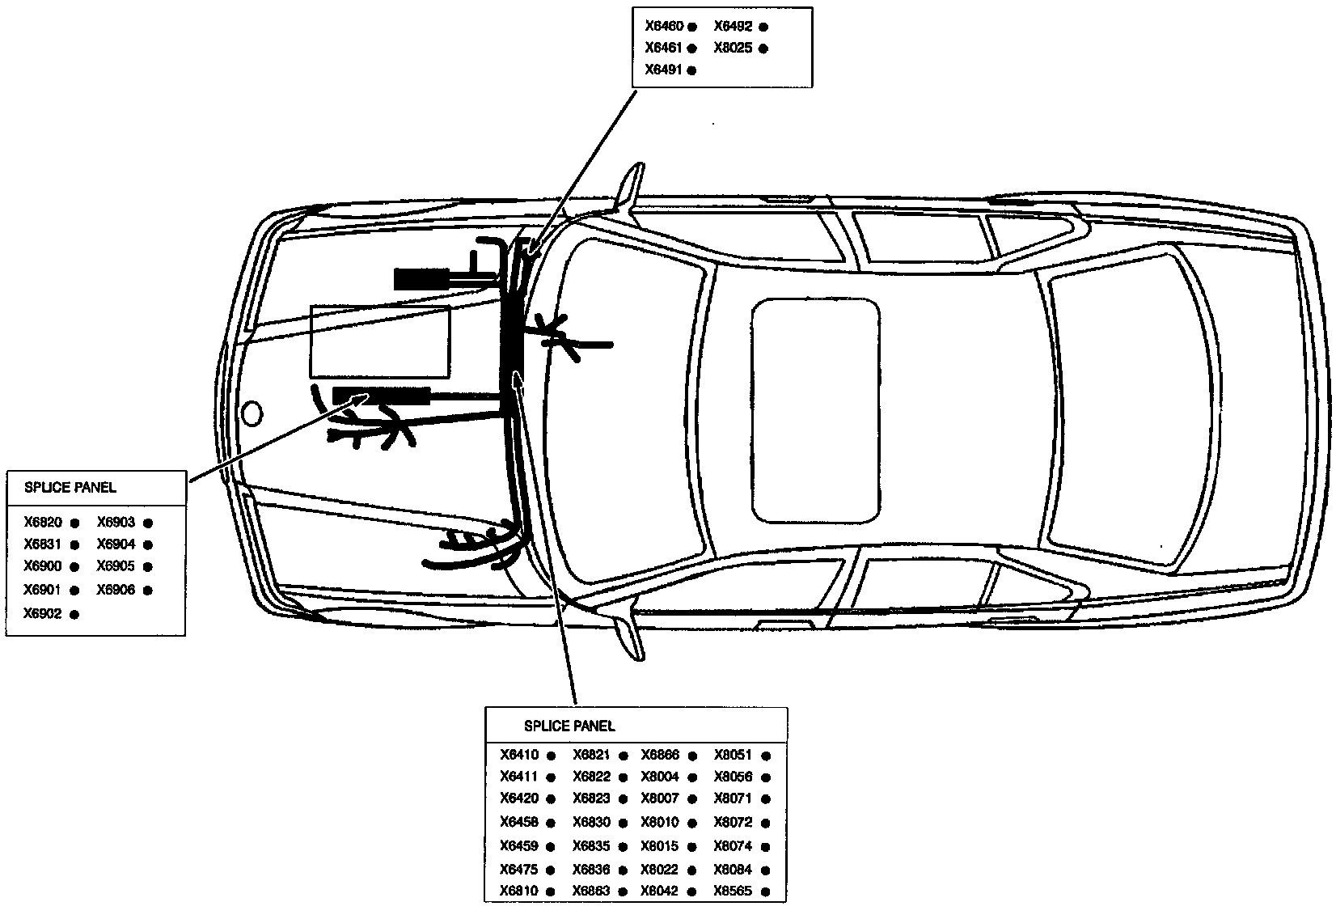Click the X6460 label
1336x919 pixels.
click(664, 26)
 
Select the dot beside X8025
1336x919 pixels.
click(763, 49)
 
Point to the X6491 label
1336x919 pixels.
click(664, 70)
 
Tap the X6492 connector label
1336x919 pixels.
click(733, 26)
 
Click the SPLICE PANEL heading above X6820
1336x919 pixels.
click(70, 488)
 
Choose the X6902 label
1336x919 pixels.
click(43, 614)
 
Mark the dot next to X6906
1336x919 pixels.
click(148, 591)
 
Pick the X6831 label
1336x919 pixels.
click(43, 544)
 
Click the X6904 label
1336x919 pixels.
click(116, 544)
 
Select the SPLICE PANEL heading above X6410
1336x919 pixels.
click(569, 726)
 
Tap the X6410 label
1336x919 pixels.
click(519, 756)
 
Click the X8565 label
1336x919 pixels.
click(733, 891)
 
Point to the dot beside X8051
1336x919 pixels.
click(766, 756)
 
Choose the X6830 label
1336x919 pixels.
click(592, 823)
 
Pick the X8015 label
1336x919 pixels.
click(660, 846)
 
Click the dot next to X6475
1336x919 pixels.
click(551, 870)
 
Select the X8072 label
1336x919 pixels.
click(733, 823)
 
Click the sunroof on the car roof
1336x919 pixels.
click(815, 410)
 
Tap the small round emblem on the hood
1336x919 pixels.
click(252, 413)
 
